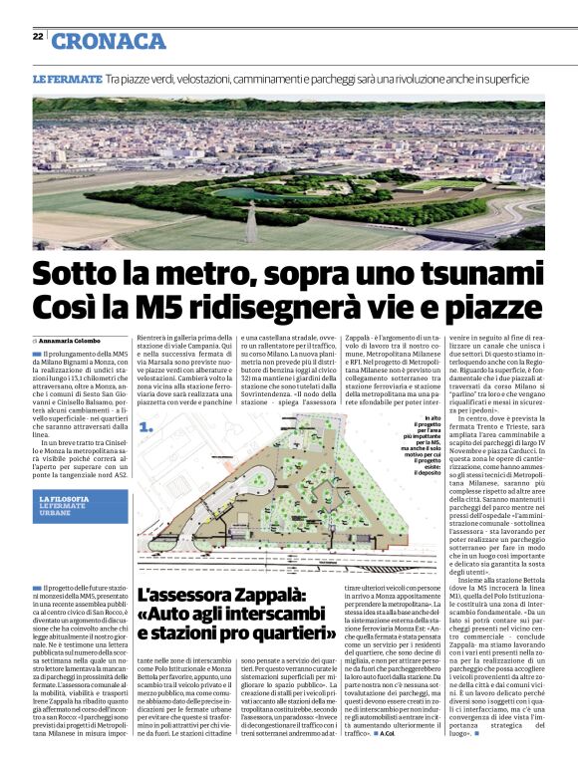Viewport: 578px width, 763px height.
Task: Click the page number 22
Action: pos(37,36)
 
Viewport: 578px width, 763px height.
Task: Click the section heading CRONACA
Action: pos(109,40)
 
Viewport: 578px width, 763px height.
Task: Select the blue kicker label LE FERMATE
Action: pos(67,78)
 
